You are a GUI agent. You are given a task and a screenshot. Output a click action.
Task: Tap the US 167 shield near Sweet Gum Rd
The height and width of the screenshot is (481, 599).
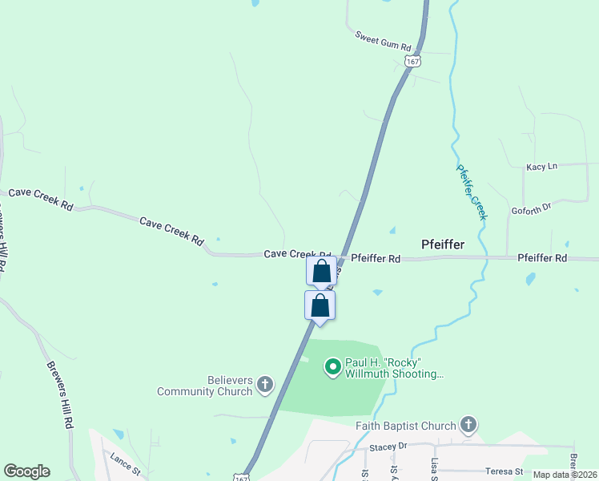(x=412, y=61)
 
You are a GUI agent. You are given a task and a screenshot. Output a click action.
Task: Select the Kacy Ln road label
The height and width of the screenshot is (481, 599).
(x=541, y=167)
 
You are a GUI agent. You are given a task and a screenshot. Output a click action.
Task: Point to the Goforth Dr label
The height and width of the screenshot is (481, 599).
(x=532, y=208)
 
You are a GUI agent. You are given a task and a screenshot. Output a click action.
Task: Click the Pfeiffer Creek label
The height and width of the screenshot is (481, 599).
(x=472, y=192)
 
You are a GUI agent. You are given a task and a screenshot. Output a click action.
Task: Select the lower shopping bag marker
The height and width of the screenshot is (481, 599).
(x=320, y=305)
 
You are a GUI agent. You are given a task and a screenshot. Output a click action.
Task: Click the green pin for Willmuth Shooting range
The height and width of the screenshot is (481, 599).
(x=332, y=368)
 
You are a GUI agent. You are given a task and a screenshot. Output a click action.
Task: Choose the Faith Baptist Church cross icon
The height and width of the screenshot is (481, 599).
(x=468, y=426)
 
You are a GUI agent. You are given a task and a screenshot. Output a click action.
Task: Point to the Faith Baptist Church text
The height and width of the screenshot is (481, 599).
(x=406, y=426)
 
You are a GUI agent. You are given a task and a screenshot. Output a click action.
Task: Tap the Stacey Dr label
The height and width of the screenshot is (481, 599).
(x=389, y=446)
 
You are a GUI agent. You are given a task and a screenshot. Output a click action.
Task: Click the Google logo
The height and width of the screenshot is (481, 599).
(x=26, y=471)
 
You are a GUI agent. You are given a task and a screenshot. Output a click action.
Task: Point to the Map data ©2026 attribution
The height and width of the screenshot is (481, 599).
(x=564, y=475)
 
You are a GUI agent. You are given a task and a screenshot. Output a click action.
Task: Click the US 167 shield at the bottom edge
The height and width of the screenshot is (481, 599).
(x=242, y=476)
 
